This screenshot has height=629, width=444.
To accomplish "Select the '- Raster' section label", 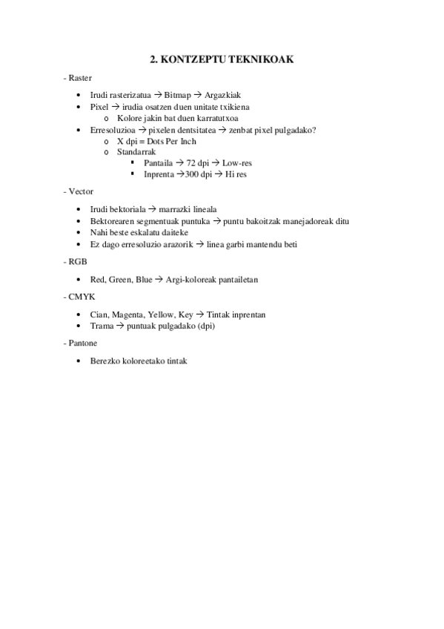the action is point(79,78).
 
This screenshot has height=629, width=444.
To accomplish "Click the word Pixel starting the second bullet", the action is point(99,107).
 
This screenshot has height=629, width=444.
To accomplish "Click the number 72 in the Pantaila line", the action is point(193,162).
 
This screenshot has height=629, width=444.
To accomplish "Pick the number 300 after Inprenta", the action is point(194,174).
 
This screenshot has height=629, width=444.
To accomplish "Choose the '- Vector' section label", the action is point(79,191).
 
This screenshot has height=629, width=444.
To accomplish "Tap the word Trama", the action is point(102,326).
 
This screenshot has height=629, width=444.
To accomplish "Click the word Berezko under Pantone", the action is point(105,360).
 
